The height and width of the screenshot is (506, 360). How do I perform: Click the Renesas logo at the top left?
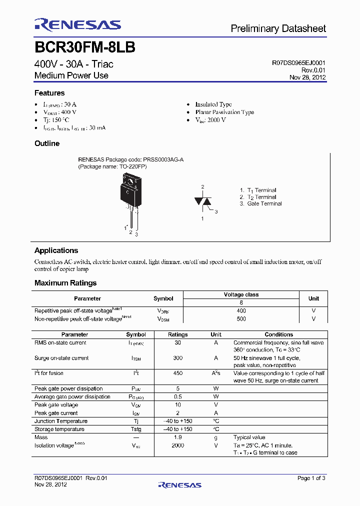pyautogui.click(x=77, y=25)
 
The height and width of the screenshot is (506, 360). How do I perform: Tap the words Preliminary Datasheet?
pyautogui.click(x=278, y=28)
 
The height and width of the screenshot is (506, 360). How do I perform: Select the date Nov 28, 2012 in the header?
pyautogui.click(x=307, y=77)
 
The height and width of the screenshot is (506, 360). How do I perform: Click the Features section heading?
pyautogui.click(x=49, y=93)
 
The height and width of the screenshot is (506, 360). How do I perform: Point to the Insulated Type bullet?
pyautogui.click(x=213, y=104)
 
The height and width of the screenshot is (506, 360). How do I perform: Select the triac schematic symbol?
pyautogui.click(x=202, y=201)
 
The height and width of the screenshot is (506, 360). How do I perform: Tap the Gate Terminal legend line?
pyautogui.click(x=264, y=203)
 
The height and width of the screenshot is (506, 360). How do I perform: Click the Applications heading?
pyautogui.click(x=56, y=250)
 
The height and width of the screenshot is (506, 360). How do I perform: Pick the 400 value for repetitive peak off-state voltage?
pyautogui.click(x=241, y=310)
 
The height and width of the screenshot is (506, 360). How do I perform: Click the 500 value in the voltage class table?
pyautogui.click(x=241, y=318)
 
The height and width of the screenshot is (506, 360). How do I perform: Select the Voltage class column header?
pyautogui.click(x=241, y=294)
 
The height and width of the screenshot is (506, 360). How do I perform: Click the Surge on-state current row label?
pyautogui.click(x=61, y=358)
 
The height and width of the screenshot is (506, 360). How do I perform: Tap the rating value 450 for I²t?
pyautogui.click(x=177, y=373)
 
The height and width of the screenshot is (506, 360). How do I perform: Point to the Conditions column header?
pyautogui.click(x=278, y=334)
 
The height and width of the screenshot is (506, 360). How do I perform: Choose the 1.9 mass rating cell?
pyautogui.click(x=177, y=437)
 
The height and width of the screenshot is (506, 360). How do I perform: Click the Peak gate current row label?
pyautogui.click(x=56, y=413)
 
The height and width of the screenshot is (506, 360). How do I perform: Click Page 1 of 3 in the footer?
pyautogui.click(x=311, y=478)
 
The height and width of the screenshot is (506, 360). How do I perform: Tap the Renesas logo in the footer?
pyautogui.click(x=179, y=484)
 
